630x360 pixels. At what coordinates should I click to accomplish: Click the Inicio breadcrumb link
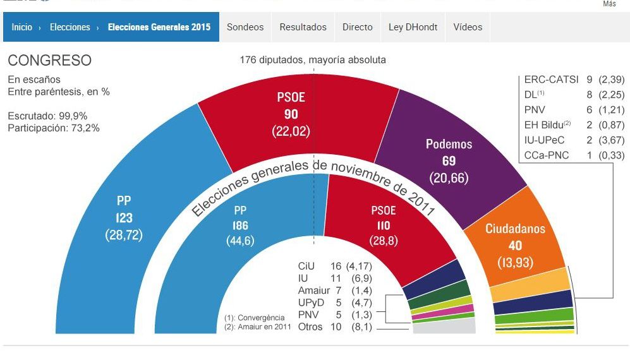click(x=21, y=27)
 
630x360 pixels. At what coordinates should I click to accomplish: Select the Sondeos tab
click(x=245, y=27)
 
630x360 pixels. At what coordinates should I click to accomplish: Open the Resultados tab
click(x=303, y=27)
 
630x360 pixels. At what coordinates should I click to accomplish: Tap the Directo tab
click(x=357, y=27)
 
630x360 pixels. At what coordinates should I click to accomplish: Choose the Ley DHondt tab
click(x=413, y=27)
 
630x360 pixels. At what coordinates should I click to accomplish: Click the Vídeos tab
click(x=468, y=27)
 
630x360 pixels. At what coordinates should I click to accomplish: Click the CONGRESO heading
click(x=49, y=61)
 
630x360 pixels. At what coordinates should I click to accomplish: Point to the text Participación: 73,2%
click(x=54, y=128)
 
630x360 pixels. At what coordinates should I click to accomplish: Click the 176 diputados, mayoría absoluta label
click(x=312, y=60)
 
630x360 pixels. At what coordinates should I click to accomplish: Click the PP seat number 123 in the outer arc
click(x=124, y=218)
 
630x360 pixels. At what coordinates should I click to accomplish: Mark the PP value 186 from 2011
click(x=239, y=225)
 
